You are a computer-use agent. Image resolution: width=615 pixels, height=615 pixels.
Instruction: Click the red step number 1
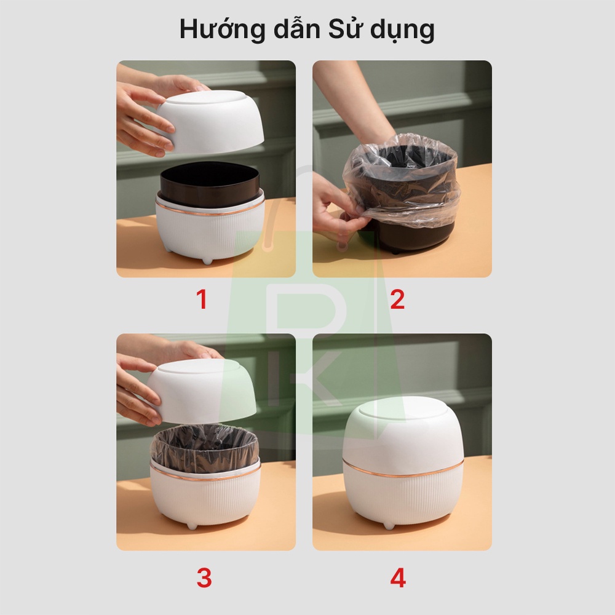click(202, 300)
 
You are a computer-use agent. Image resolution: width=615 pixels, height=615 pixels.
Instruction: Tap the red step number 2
click(397, 300)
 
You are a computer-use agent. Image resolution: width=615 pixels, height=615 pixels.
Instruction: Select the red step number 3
click(204, 577)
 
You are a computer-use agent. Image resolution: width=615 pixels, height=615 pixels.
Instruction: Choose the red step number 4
click(398, 577)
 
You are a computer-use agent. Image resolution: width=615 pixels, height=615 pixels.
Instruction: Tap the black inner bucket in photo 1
click(210, 183)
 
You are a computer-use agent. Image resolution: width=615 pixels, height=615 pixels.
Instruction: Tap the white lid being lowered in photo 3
click(202, 390)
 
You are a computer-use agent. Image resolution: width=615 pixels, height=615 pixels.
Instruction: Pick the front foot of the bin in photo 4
click(388, 525)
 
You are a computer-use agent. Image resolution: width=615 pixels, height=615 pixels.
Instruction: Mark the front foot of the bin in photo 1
click(207, 261)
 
